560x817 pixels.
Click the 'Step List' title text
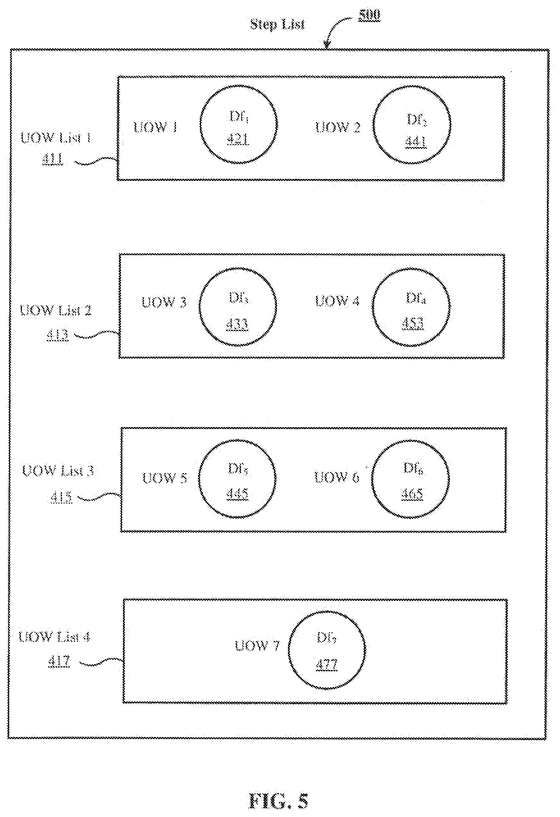(x=277, y=25)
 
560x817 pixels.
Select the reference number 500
(x=369, y=15)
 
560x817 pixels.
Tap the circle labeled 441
(x=412, y=125)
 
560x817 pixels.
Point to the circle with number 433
(x=238, y=307)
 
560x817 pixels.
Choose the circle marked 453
(x=411, y=307)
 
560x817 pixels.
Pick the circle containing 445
(x=237, y=479)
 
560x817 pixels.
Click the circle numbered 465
(x=410, y=479)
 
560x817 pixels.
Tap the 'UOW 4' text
(x=337, y=301)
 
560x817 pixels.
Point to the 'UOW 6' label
(x=337, y=477)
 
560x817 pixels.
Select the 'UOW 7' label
(x=257, y=646)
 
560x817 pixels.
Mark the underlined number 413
(x=57, y=334)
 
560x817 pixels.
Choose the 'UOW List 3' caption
(x=58, y=471)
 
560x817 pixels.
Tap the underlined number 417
(x=59, y=662)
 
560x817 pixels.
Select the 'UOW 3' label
(x=164, y=302)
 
